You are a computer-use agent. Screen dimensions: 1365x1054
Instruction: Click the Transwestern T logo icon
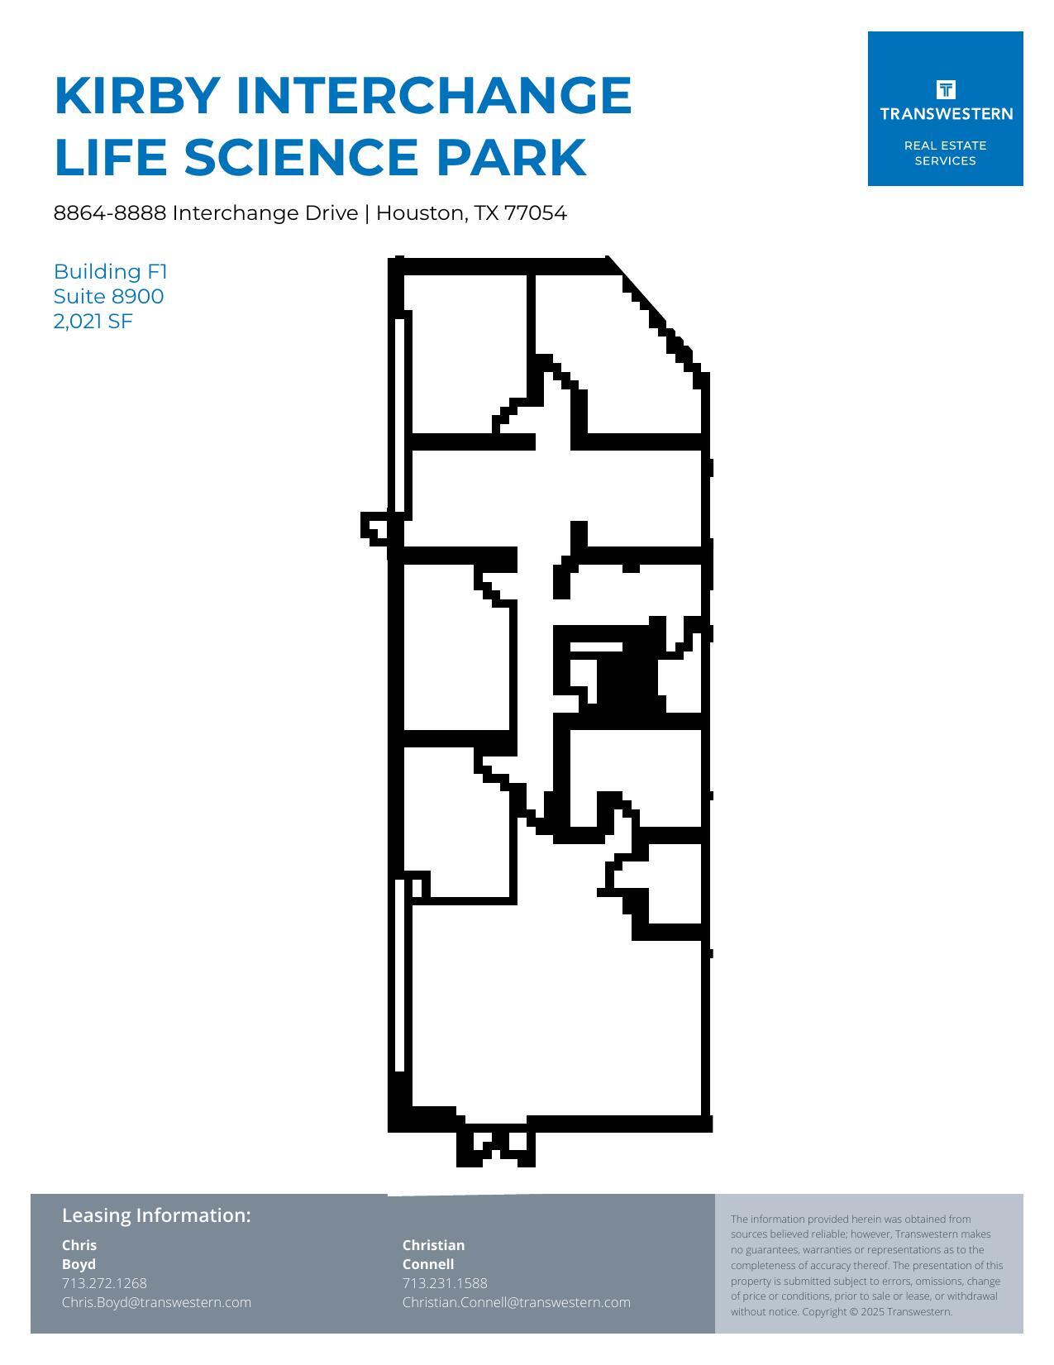(x=946, y=89)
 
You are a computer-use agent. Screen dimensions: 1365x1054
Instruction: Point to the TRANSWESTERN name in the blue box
(x=946, y=114)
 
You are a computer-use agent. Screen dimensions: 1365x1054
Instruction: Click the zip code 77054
(x=536, y=213)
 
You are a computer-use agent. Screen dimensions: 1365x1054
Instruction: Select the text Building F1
(x=111, y=271)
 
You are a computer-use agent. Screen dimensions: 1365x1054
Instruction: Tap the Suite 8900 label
(x=108, y=296)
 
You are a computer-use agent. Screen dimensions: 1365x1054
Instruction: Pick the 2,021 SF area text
(x=93, y=321)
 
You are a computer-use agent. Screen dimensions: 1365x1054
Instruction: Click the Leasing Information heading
(x=156, y=1215)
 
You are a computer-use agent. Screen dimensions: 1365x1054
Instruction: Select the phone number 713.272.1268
(x=104, y=1283)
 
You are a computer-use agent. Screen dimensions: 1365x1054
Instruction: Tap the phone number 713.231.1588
(x=445, y=1283)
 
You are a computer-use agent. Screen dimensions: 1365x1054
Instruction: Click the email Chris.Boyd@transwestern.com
(x=156, y=1302)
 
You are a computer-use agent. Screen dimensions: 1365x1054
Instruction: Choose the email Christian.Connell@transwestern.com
(x=516, y=1302)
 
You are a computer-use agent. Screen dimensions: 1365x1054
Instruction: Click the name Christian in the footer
(x=433, y=1245)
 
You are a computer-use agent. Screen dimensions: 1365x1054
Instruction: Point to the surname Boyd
(x=79, y=1264)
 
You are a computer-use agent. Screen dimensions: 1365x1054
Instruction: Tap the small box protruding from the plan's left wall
(x=374, y=527)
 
